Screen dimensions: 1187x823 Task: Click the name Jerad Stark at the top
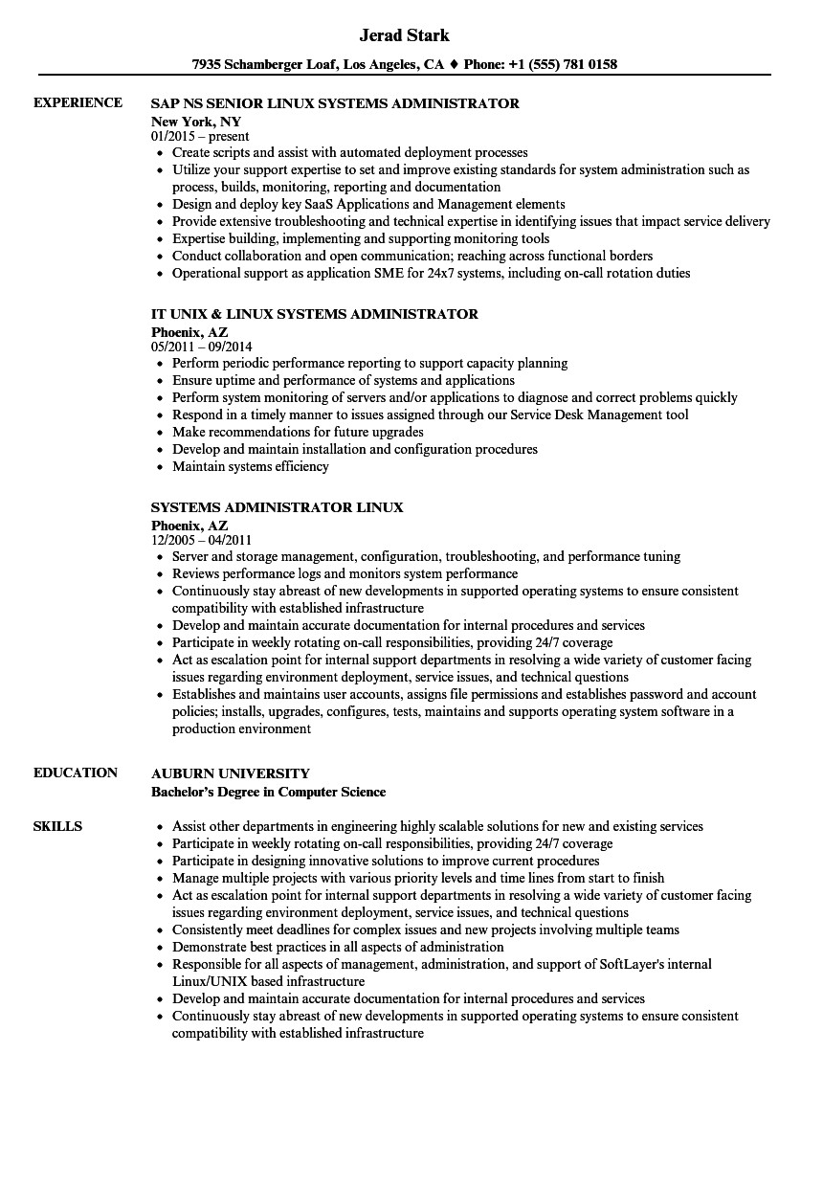click(404, 35)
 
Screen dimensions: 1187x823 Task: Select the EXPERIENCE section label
click(78, 102)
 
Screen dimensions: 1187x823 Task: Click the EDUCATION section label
click(76, 773)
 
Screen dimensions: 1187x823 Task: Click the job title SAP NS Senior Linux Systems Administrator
click(335, 103)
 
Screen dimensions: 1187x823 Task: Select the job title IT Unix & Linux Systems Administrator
click(315, 314)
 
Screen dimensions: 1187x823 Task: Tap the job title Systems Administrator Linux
click(278, 507)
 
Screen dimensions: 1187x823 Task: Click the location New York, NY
click(196, 122)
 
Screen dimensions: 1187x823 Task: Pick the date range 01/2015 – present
click(200, 137)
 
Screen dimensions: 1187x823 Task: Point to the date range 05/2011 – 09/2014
click(202, 347)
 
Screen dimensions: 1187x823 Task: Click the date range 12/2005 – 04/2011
click(202, 540)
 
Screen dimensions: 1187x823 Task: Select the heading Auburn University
click(231, 773)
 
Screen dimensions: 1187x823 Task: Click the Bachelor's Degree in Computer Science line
click(269, 792)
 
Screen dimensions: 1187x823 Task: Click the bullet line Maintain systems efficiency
click(251, 466)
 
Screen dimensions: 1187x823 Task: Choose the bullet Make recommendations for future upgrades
click(284, 432)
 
